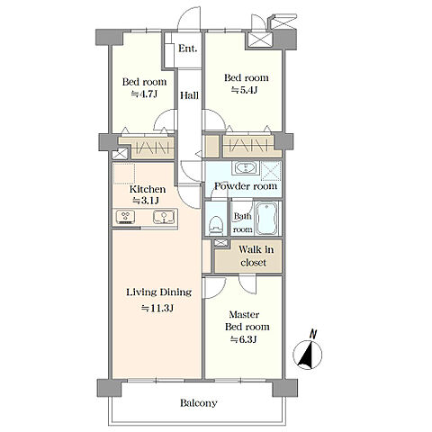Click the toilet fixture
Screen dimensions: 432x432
click(216, 226)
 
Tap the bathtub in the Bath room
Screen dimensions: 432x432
click(266, 218)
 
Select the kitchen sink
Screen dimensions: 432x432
click(164, 217)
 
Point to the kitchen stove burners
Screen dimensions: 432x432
click(126, 217)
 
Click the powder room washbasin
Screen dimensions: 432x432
click(246, 167)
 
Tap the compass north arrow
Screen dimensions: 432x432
click(308, 355)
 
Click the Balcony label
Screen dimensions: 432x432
click(199, 403)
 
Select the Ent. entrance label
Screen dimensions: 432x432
click(188, 49)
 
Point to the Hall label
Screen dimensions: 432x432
click(189, 95)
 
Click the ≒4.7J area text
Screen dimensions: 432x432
click(144, 94)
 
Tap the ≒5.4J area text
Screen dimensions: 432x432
click(244, 90)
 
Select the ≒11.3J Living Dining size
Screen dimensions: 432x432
click(157, 308)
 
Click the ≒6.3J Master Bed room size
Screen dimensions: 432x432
click(243, 339)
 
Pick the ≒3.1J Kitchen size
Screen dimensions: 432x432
click(146, 201)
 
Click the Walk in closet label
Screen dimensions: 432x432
click(256, 256)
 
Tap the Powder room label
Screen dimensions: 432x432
click(246, 186)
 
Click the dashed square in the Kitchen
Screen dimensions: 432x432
click(124, 174)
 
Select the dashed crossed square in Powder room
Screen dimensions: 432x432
click(271, 171)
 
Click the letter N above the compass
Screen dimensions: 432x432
click(313, 334)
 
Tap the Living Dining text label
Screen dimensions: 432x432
click(158, 292)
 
